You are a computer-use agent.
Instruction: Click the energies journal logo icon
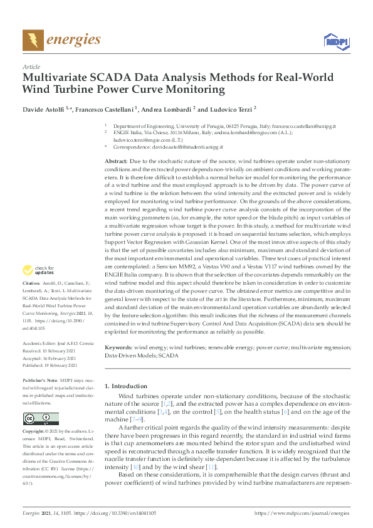pos(33,40)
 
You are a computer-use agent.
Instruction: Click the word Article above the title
pos(31,66)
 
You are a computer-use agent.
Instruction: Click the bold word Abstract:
pos(118,162)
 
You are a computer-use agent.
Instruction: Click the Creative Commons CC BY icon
pos(41,418)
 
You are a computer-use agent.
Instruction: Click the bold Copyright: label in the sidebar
pos(34,433)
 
